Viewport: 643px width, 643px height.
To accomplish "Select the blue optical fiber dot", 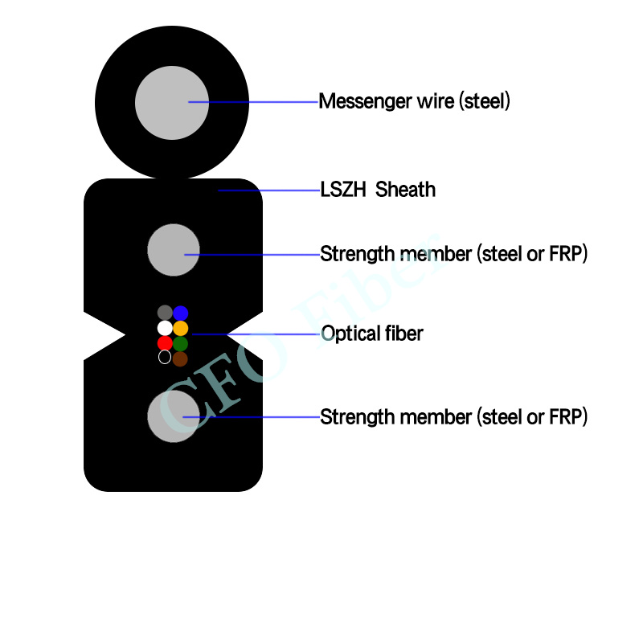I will pos(181,313).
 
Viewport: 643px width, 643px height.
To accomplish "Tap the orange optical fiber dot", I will pos(181,328).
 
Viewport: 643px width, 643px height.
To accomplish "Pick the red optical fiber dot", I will pos(165,343).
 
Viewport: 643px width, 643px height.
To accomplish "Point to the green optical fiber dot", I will pos(181,343).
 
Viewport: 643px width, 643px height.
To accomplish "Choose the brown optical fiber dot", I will pos(181,358).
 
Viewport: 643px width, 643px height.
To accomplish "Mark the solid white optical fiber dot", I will pos(165,328).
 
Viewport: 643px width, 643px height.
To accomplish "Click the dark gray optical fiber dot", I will pos(165,313).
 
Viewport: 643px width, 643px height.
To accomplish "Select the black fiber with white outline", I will pos(165,358).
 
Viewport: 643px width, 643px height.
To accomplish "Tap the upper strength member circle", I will pos(174,250).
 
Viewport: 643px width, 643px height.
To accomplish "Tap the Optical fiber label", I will pos(371,334).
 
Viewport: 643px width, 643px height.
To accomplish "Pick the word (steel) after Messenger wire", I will pos(485,102).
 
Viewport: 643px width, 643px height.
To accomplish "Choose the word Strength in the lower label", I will pos(354,417).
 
